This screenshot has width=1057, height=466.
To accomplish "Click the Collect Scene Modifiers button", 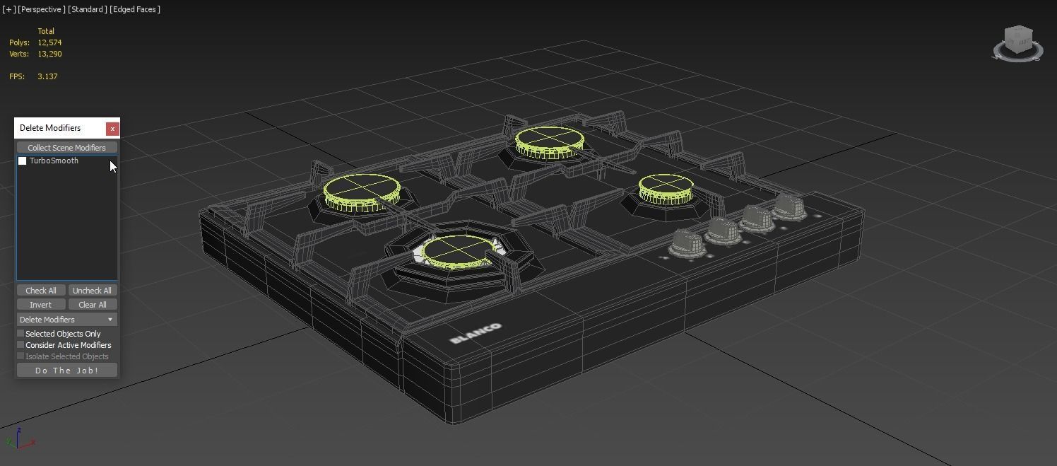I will click(x=66, y=148).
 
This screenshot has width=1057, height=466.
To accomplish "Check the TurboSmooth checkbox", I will click(x=23, y=161).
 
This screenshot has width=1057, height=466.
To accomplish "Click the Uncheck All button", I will click(x=92, y=291).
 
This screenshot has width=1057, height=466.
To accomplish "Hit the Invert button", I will click(x=40, y=305).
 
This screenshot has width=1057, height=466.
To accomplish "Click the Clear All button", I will click(x=92, y=305).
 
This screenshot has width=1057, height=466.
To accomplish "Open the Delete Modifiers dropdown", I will click(x=66, y=320).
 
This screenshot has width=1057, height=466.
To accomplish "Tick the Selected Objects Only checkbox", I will click(x=21, y=334).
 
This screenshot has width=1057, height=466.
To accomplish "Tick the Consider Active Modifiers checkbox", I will click(x=21, y=345).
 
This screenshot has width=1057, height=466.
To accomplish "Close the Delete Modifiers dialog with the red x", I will click(x=112, y=129).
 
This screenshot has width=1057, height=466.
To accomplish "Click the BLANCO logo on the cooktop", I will click(x=476, y=333).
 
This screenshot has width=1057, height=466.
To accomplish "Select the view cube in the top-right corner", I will click(x=1017, y=44).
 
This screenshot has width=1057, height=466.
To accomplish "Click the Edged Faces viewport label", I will click(x=135, y=9).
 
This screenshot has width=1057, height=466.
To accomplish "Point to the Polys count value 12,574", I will click(x=49, y=42).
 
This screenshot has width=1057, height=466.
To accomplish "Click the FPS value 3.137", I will click(x=47, y=76).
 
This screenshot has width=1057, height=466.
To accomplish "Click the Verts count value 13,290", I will click(x=49, y=54).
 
